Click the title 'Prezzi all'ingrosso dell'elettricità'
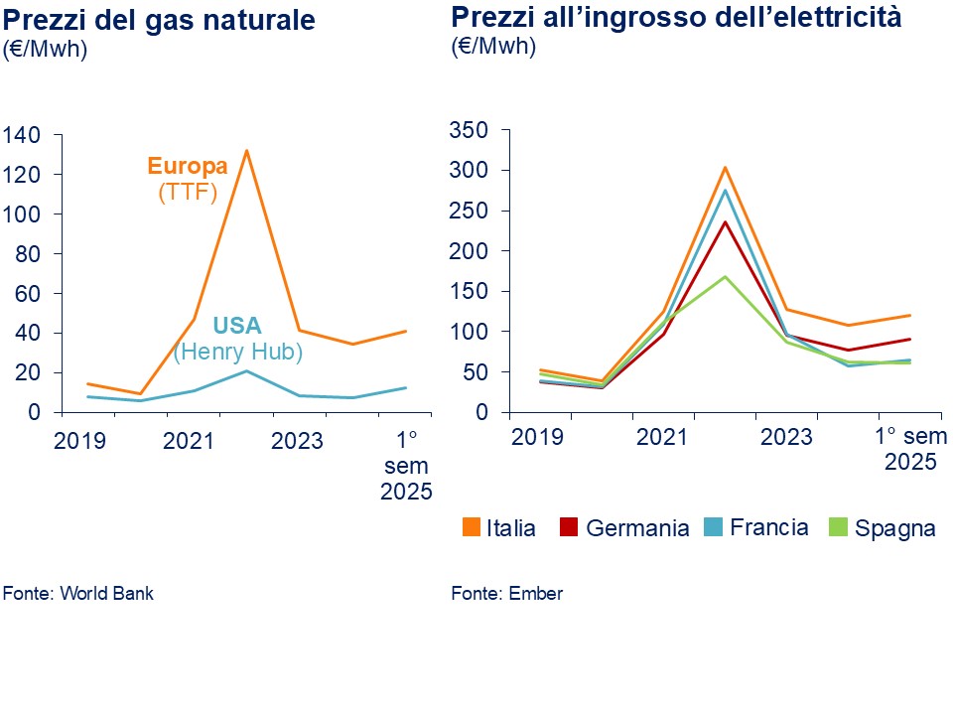[676, 17]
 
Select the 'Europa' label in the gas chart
[188, 166]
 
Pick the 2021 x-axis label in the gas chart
[189, 440]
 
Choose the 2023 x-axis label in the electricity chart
[787, 436]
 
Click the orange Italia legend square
[470, 527]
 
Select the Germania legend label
[637, 528]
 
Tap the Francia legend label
[768, 527]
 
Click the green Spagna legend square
[836, 527]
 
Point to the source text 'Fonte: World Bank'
[78, 594]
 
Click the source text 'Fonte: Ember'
[506, 594]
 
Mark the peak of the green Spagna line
[726, 276]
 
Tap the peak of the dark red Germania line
[726, 221]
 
